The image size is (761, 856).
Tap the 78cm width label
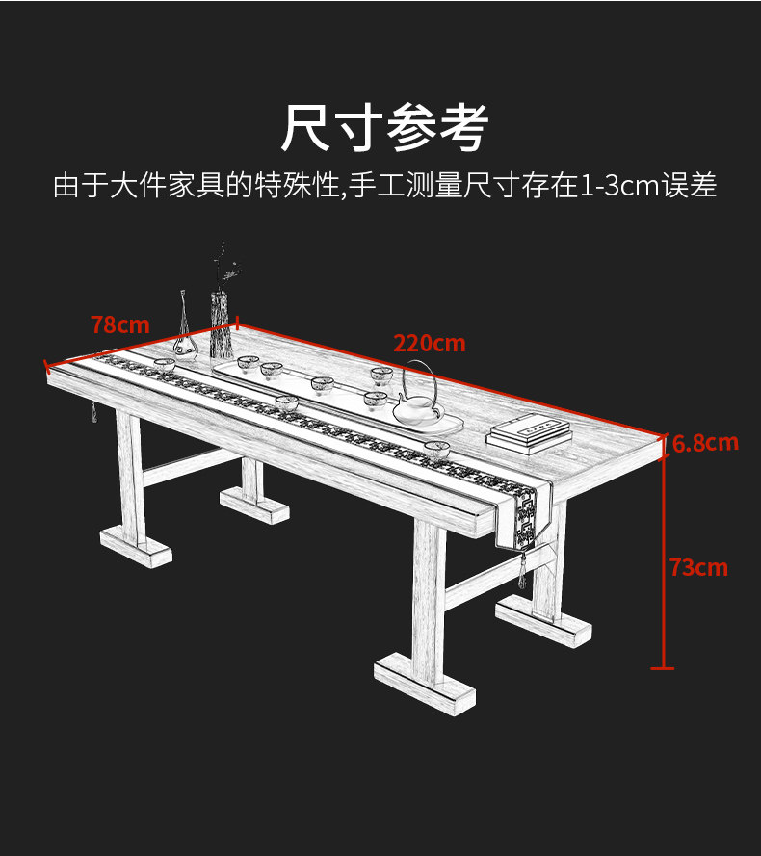(x=120, y=324)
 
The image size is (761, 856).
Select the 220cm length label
(x=429, y=343)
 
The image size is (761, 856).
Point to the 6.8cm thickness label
(x=705, y=443)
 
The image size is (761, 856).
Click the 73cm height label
(x=698, y=567)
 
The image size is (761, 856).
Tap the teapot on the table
(x=416, y=404)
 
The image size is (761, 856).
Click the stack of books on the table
(x=525, y=432)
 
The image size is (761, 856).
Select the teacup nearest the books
(x=437, y=449)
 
